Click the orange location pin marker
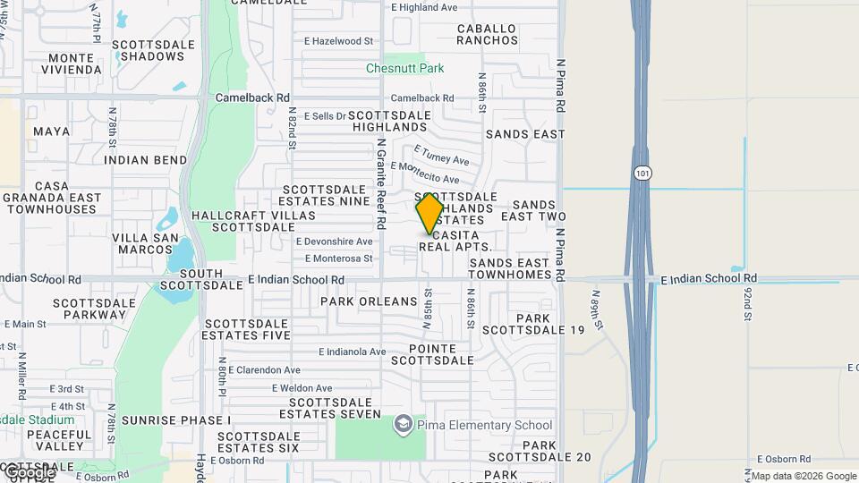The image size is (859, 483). tap(429, 214)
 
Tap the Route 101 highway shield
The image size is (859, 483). tap(642, 174)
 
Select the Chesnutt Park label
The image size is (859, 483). tap(404, 68)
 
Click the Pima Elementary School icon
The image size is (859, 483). tap(403, 424)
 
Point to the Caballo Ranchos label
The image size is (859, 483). tap(487, 34)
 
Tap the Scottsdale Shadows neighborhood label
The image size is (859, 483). tap(149, 49)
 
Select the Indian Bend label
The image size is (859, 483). tap(146, 160)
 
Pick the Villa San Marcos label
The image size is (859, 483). tap(141, 243)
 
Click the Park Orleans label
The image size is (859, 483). tap(369, 301)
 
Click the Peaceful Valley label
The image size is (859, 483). tap(60, 439)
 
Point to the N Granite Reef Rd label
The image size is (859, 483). tap(380, 184)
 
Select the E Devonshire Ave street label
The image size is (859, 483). tap(334, 241)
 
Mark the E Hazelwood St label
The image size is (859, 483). tap(338, 41)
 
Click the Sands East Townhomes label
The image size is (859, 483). tap(509, 268)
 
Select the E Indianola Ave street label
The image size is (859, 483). tap(353, 352)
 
